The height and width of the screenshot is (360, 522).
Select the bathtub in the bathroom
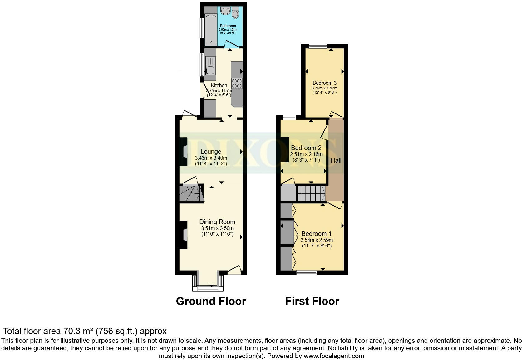tap(211, 30)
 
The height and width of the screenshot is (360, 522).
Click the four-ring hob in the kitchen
tap(237, 83)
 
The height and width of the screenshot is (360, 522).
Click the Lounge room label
tap(211, 152)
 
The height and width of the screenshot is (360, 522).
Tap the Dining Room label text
tap(217, 222)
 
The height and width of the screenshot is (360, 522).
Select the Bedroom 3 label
tap(324, 83)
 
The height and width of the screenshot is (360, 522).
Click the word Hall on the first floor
tap(336, 160)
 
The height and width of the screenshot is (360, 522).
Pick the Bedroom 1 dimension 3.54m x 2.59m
tap(317, 240)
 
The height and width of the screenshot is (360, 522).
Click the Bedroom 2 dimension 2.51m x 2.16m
tap(306, 154)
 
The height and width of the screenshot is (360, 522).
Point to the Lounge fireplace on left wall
tap(183, 152)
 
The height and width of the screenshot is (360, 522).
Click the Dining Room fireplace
tap(183, 235)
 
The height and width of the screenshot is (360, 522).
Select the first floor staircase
tap(311, 193)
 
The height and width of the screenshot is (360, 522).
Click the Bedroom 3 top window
tap(318, 46)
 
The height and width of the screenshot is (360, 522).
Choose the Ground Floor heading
tap(211, 301)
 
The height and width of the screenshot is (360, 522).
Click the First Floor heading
tap(312, 301)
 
